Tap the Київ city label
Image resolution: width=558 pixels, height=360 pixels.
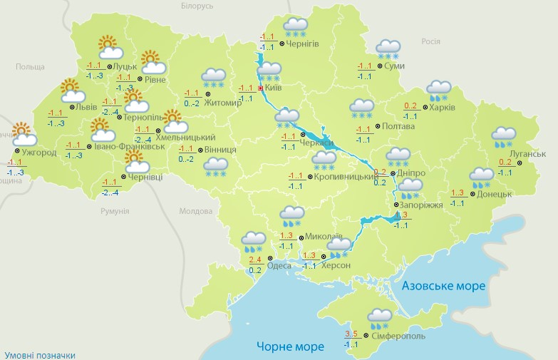(x=273, y=88)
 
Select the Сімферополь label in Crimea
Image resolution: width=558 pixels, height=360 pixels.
(x=398, y=335)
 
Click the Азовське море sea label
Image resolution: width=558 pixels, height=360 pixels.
(x=443, y=286)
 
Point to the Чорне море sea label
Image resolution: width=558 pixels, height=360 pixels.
(x=290, y=346)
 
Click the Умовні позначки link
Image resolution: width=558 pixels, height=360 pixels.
(x=39, y=354)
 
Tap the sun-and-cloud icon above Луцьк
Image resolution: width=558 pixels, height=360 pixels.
(x=108, y=47)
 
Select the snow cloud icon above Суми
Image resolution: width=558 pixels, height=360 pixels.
(x=388, y=49)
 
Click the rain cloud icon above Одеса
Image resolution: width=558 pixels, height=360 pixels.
(x=253, y=242)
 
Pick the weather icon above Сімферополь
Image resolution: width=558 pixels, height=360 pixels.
(x=379, y=318)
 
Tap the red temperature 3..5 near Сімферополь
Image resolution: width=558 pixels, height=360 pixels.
(x=351, y=334)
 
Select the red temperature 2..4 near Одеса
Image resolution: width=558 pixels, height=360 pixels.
(x=255, y=259)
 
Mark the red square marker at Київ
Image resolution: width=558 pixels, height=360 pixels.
(x=260, y=88)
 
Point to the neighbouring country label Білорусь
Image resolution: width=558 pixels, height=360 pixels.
(x=197, y=6)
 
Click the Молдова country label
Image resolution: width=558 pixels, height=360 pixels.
(x=195, y=212)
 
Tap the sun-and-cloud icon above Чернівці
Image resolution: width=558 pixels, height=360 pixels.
(x=135, y=165)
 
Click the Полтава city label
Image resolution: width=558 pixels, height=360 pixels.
(x=398, y=127)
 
